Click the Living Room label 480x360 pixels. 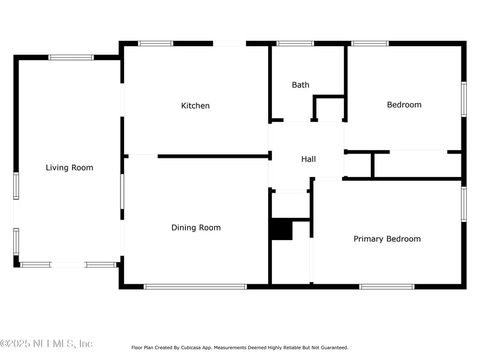pyautogui.click(x=70, y=167)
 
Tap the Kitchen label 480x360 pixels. pyautogui.click(x=196, y=106)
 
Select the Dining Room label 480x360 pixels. pyautogui.click(x=196, y=227)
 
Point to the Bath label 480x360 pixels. pyautogui.click(x=301, y=85)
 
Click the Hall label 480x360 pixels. pyautogui.click(x=308, y=159)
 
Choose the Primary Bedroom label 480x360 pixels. pyautogui.click(x=387, y=239)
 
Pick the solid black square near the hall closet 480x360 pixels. pyautogui.click(x=282, y=230)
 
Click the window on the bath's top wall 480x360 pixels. pyautogui.click(x=295, y=43)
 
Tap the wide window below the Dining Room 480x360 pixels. pyautogui.click(x=195, y=287)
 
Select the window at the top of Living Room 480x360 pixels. pyautogui.click(x=71, y=58)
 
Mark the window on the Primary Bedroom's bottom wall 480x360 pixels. pyautogui.click(x=387, y=287)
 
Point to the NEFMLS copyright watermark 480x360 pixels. pyautogui.click(x=46, y=343)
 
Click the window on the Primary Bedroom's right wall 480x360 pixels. pyautogui.click(x=464, y=204)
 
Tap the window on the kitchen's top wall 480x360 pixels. pyautogui.click(x=155, y=43)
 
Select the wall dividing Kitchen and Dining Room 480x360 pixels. pyautogui.click(x=214, y=157)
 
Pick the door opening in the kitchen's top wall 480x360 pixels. pyautogui.click(x=230, y=43)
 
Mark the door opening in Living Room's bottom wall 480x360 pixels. pyautogui.click(x=68, y=265)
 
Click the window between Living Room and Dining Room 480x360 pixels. pyautogui.click(x=122, y=191)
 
